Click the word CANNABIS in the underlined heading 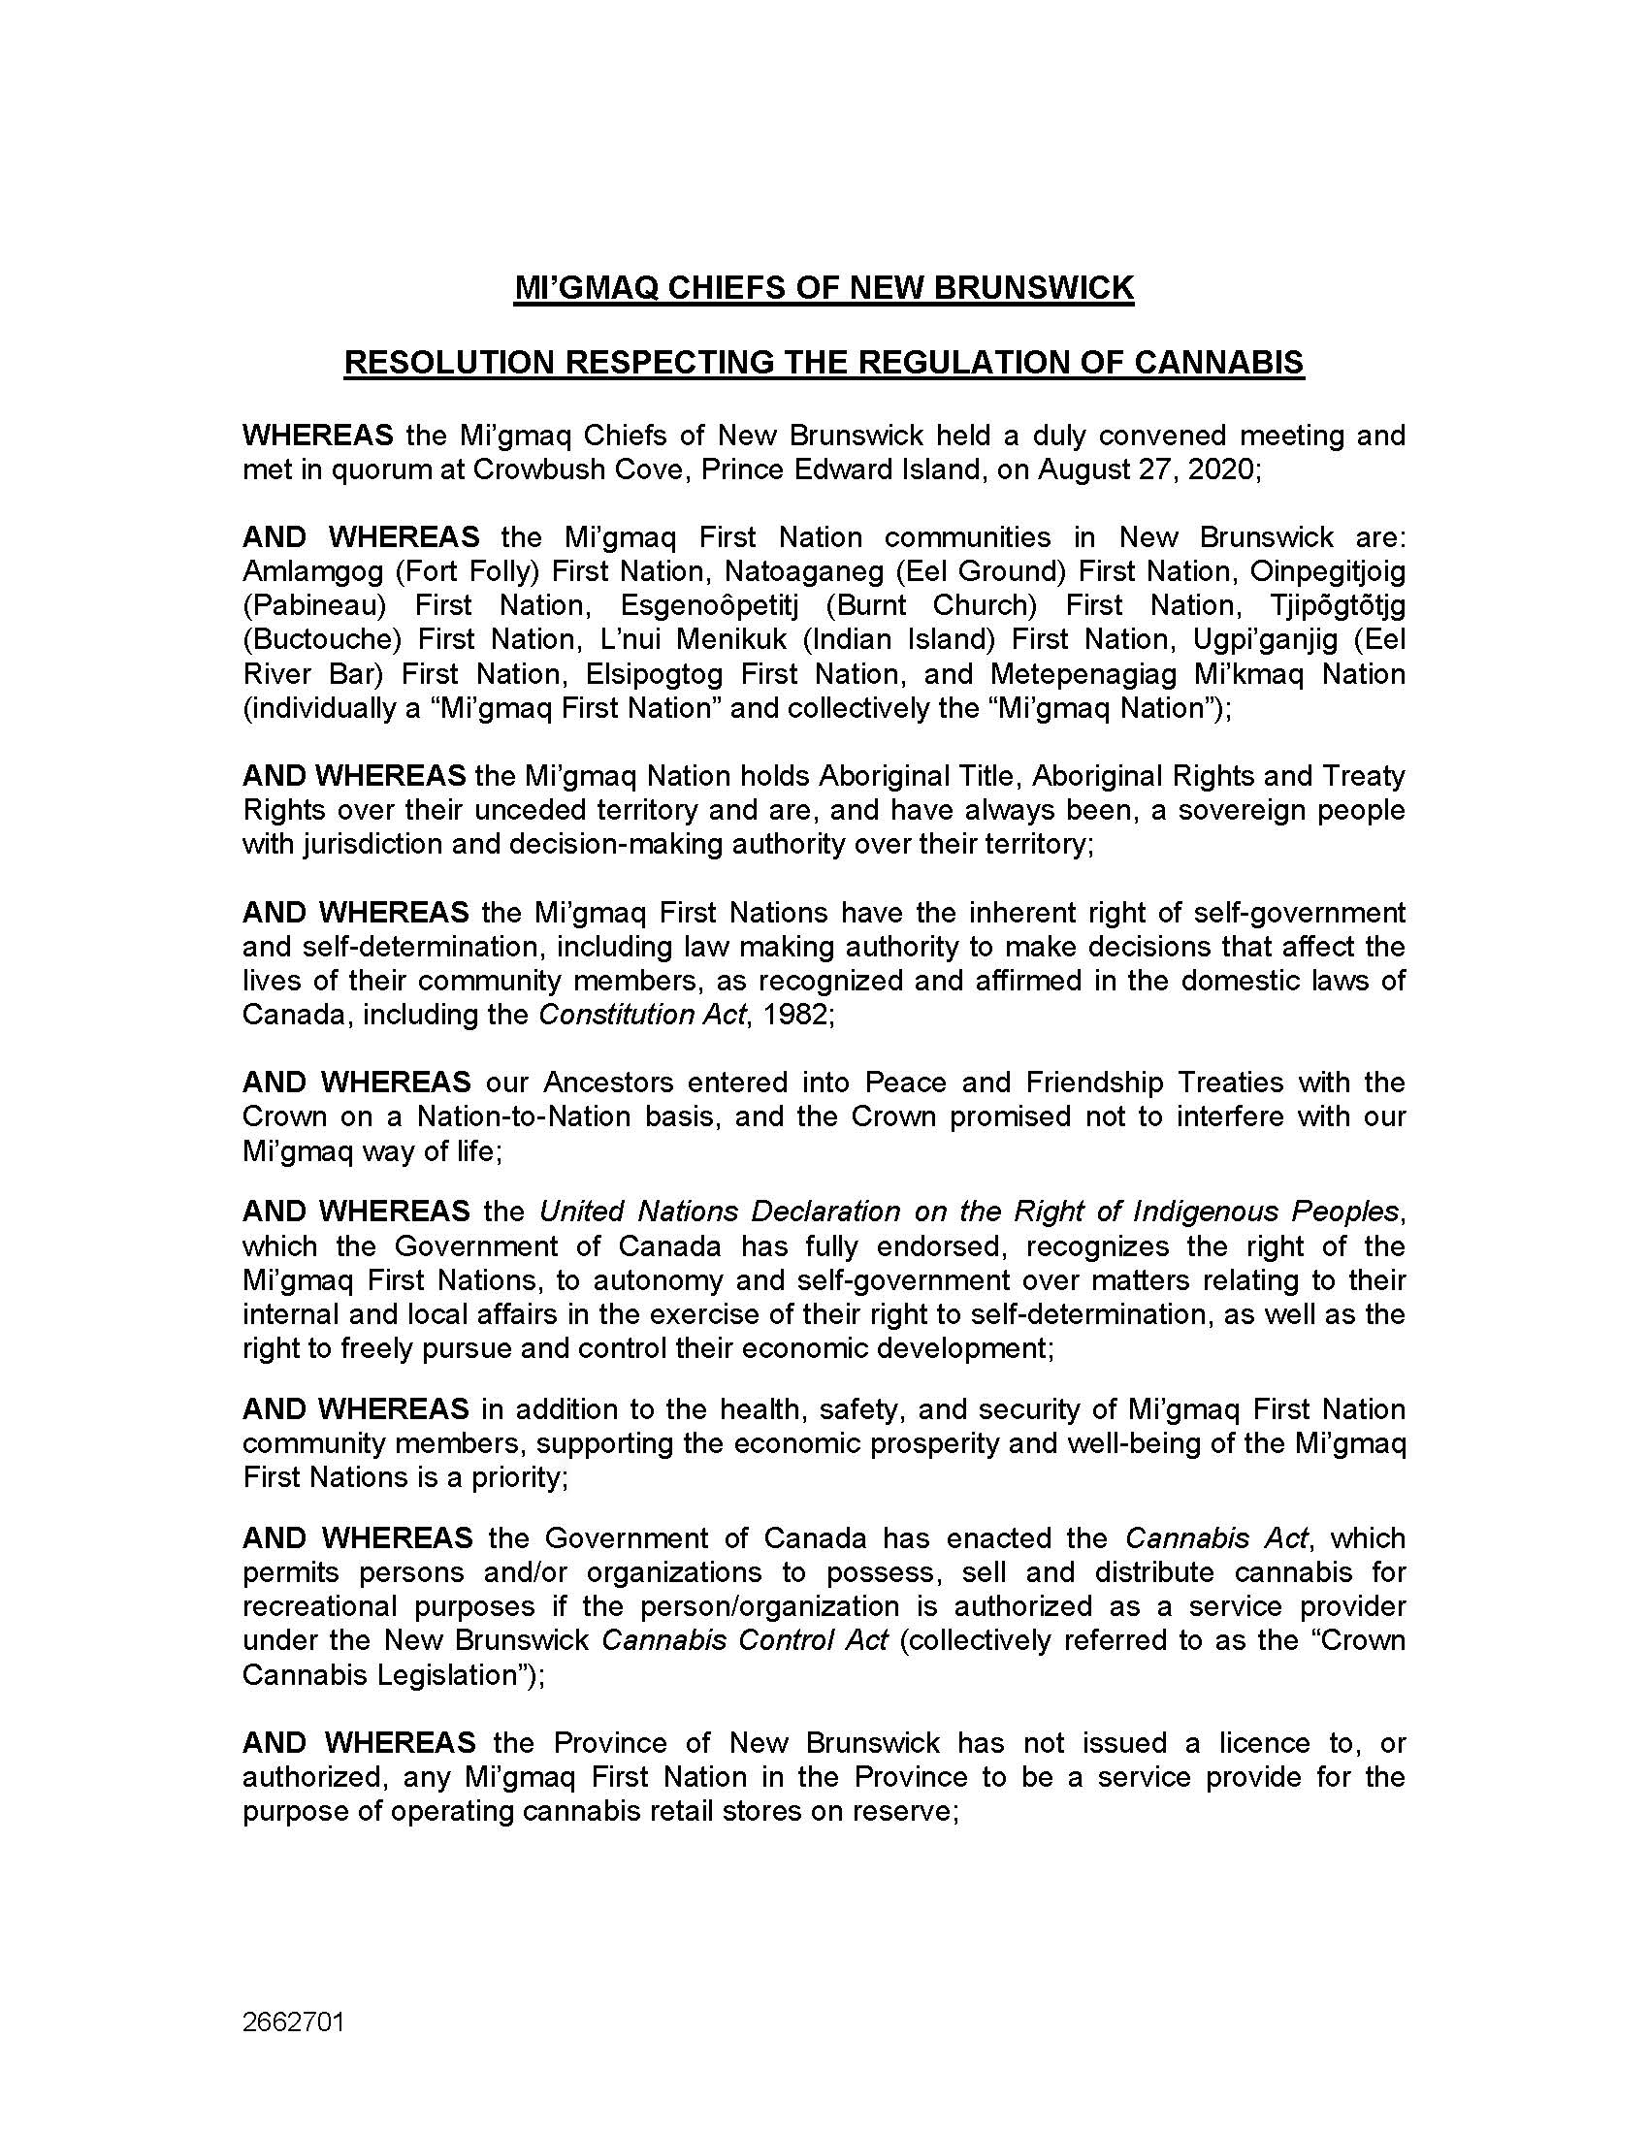(x=1218, y=363)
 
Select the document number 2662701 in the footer (x=293, y=2021)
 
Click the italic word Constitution (x=600, y=1015)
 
